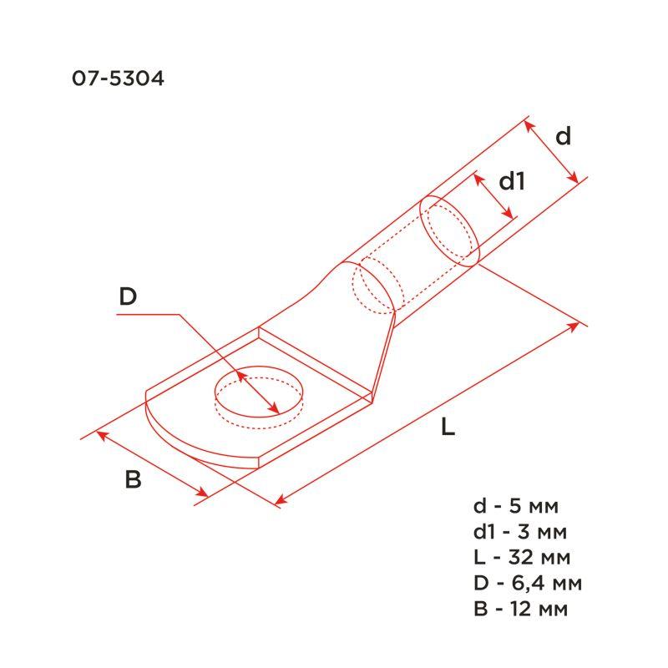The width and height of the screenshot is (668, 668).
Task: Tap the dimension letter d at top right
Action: pos(564,136)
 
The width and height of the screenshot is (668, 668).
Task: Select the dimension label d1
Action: pos(511,180)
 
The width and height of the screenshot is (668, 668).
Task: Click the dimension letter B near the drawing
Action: pos(133,480)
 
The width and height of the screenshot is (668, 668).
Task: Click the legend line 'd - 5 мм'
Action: pos(514,506)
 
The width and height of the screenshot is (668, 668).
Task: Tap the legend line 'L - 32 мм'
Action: pos(521,557)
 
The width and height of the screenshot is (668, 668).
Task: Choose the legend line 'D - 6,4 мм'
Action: pos(526,582)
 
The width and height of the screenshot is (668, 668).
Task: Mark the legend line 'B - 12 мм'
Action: pos(519,608)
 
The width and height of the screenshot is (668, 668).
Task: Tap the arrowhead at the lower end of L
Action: pos(280,501)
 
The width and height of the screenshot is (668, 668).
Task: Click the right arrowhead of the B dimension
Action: pos(203,494)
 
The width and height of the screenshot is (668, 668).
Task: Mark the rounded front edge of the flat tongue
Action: pos(180,441)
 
